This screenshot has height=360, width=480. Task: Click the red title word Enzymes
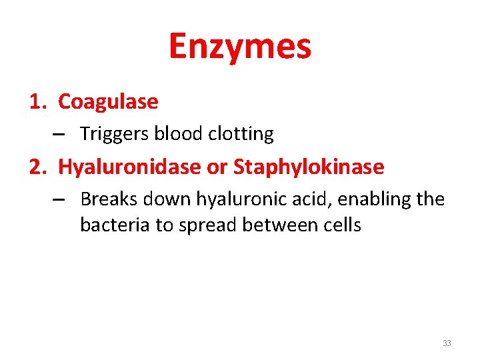pyautogui.click(x=240, y=47)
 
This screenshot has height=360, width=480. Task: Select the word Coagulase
pyautogui.click(x=108, y=102)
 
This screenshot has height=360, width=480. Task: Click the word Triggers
pyautogui.click(x=115, y=135)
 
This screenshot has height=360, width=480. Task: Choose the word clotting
pyautogui.click(x=241, y=135)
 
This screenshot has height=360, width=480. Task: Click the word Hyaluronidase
pyautogui.click(x=130, y=167)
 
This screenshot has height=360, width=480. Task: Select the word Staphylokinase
pyautogui.click(x=309, y=167)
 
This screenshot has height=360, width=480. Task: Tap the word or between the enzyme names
pyautogui.click(x=217, y=167)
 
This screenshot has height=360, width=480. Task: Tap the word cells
pyautogui.click(x=339, y=225)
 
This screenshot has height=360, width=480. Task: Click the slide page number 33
pyautogui.click(x=446, y=343)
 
